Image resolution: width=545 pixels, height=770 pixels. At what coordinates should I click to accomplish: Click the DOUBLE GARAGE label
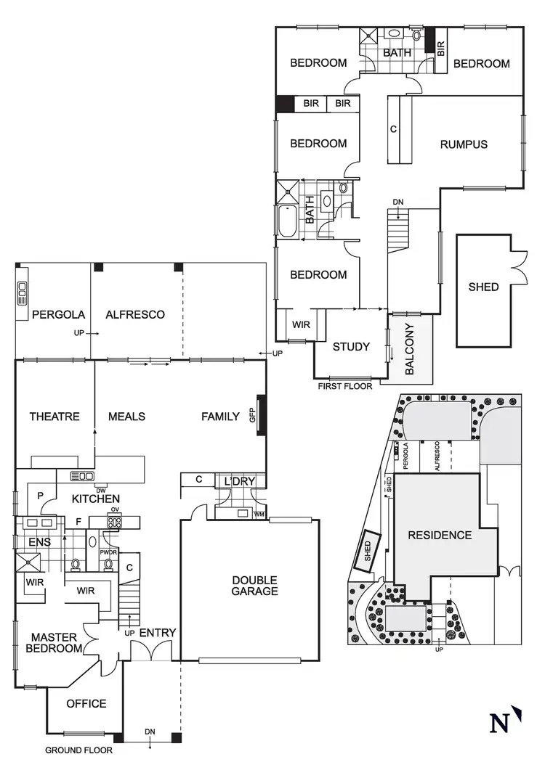tap(254, 586)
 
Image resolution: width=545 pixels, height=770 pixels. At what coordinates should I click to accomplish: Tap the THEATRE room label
tap(54, 417)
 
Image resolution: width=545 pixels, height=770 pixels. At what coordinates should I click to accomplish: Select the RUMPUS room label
tap(464, 144)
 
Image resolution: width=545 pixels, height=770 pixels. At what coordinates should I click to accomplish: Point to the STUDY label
tap(351, 347)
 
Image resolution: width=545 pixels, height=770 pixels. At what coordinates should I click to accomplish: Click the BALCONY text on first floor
tap(408, 349)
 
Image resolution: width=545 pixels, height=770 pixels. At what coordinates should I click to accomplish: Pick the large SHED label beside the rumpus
tap(483, 287)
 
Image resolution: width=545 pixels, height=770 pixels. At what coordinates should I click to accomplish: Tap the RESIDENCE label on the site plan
tap(440, 536)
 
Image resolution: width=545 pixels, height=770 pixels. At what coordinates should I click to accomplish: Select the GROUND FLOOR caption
tap(78, 750)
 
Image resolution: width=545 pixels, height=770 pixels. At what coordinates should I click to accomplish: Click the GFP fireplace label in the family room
tap(253, 417)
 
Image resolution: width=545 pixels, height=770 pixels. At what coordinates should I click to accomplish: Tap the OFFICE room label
tap(86, 703)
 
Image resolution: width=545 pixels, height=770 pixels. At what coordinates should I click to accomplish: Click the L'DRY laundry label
tap(237, 482)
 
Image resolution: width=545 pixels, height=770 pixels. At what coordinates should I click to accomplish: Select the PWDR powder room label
tap(108, 552)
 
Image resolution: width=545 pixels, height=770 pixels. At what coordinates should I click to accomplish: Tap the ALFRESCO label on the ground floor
tap(135, 315)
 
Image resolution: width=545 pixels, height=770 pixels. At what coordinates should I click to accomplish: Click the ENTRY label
tap(157, 633)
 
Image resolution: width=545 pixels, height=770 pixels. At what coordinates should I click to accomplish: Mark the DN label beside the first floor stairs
tap(397, 202)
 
